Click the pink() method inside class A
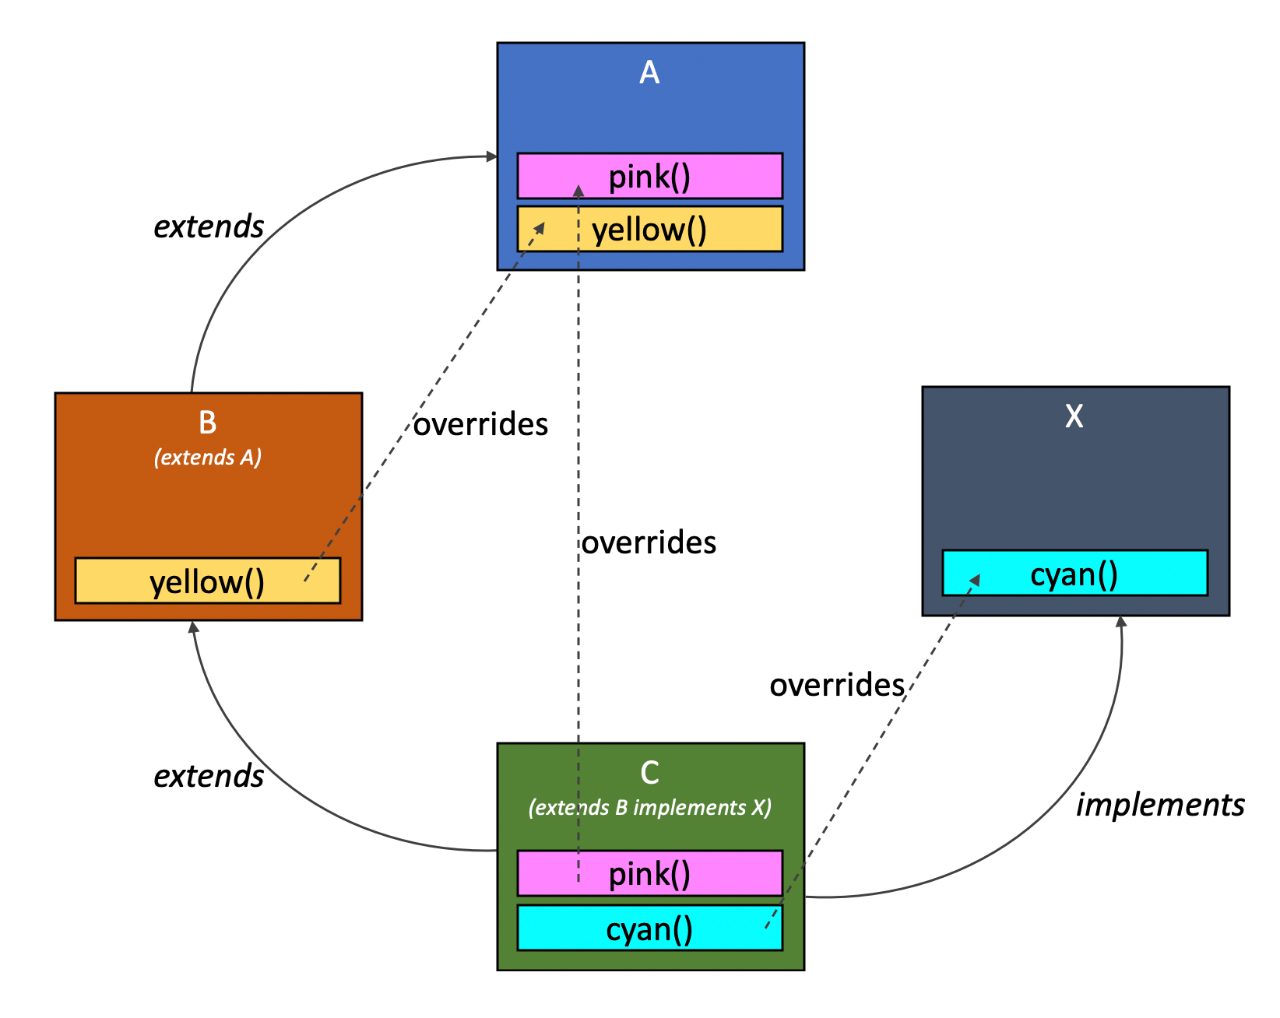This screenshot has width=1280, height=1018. click(x=649, y=176)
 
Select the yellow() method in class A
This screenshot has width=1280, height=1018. click(x=649, y=230)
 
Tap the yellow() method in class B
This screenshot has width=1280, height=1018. click(x=207, y=581)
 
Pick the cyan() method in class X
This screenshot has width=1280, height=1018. click(x=1074, y=574)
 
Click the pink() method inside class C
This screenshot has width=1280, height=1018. click(x=649, y=873)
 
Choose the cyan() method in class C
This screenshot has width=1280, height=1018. click(x=649, y=928)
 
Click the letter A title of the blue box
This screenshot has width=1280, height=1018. click(x=649, y=73)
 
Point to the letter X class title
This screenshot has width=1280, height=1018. click(x=1074, y=416)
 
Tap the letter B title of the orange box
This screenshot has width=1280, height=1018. click(x=207, y=423)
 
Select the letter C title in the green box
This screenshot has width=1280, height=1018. click(x=649, y=773)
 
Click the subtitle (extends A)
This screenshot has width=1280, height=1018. click(x=207, y=457)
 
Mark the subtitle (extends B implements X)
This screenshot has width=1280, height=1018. click(x=649, y=807)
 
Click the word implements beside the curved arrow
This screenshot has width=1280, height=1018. click(x=1160, y=805)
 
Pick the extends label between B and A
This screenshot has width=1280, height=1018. click(x=209, y=226)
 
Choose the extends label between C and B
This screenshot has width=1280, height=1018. click(x=209, y=776)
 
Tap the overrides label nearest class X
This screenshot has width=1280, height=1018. click(x=837, y=685)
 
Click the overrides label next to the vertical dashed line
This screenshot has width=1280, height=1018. click(x=649, y=542)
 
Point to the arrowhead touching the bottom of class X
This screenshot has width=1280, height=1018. click(x=1121, y=621)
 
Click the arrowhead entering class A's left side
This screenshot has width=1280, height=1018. click(x=491, y=157)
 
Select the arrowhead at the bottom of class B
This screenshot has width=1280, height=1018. click(x=194, y=627)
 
